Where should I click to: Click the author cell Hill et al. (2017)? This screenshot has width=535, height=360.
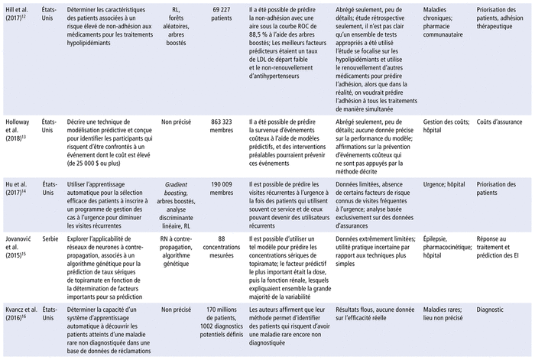pyautogui.click(x=19, y=13)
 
